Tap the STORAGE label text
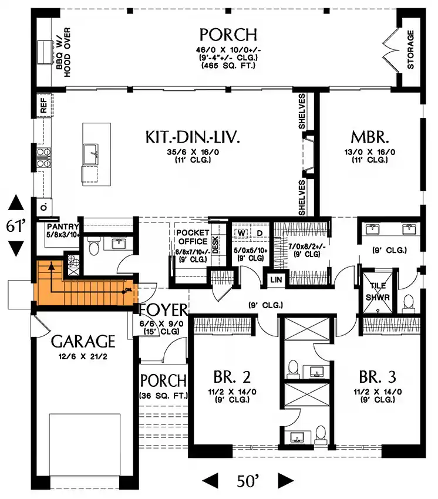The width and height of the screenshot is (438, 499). point(410,50)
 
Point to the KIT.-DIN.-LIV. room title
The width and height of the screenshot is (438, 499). point(194,138)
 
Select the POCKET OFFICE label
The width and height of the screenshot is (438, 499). point(192,237)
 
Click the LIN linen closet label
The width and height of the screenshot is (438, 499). point(277,281)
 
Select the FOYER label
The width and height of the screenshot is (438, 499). point(164,310)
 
